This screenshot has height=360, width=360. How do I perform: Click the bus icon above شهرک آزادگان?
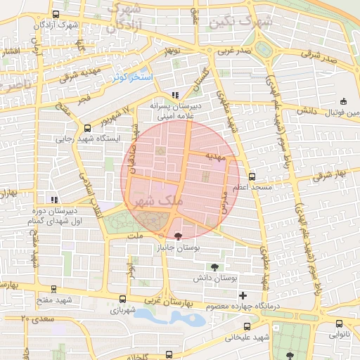[56, 15]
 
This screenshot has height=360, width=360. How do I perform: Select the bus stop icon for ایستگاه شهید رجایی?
[87, 129]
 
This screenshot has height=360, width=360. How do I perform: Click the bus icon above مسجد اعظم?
[252, 176]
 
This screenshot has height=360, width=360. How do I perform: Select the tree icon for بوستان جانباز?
[176, 236]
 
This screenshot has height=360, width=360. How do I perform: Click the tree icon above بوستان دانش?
[214, 266]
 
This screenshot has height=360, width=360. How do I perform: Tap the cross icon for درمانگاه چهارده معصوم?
[243, 295]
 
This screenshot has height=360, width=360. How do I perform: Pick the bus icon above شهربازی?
[123, 298]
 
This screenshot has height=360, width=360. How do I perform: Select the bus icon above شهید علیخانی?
[247, 326]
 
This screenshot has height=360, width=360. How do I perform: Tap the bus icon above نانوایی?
[340, 324]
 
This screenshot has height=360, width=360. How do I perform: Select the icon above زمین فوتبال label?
[343, 101]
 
